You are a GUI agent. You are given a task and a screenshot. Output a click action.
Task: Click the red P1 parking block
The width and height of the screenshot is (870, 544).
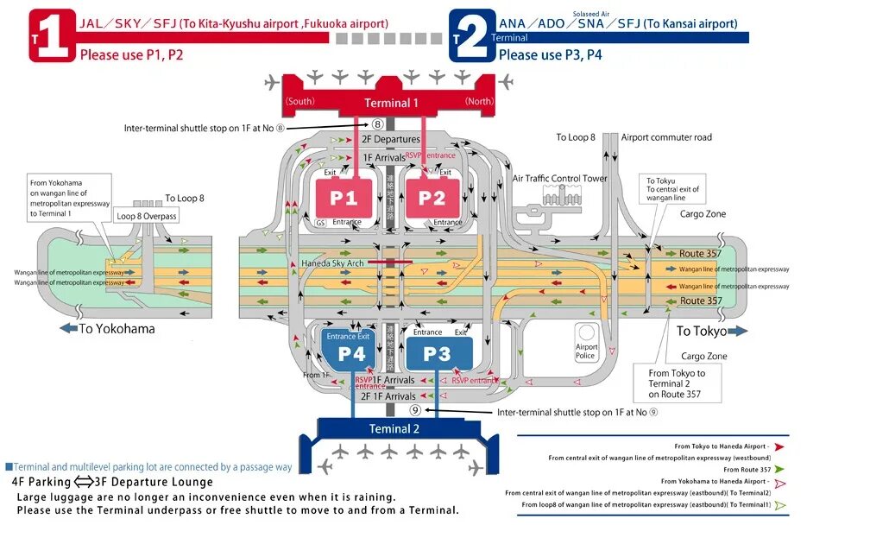click(x=343, y=199)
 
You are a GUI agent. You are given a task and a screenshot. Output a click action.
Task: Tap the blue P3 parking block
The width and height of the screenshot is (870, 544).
click(x=437, y=353)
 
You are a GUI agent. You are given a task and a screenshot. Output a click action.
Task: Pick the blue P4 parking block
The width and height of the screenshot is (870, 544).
click(x=351, y=354)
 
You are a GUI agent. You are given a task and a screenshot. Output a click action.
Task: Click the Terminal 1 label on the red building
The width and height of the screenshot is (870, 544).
click(x=391, y=103)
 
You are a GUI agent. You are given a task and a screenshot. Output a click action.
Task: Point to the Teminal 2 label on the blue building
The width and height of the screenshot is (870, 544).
click(x=394, y=428)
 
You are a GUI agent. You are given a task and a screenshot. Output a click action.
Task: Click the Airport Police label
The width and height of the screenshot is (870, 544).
click(x=587, y=351)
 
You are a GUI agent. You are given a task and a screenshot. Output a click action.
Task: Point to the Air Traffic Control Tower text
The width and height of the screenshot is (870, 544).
click(x=559, y=179)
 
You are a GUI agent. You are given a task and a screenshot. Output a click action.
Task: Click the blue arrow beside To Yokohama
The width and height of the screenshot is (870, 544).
click(x=68, y=328)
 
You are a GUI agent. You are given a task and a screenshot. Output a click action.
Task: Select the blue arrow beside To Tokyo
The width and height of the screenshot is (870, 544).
click(x=738, y=331)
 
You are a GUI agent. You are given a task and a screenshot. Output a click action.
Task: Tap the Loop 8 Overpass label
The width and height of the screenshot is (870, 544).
click(x=147, y=217)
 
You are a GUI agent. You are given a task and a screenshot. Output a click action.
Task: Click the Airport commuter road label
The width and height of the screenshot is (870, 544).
click(x=666, y=137)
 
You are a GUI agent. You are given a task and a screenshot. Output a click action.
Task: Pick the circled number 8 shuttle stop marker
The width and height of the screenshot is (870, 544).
click(x=377, y=124)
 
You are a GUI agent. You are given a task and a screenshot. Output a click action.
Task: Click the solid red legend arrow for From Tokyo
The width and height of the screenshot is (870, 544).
click(x=779, y=447)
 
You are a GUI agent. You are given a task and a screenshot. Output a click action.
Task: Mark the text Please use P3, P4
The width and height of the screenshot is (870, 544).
click(x=551, y=54)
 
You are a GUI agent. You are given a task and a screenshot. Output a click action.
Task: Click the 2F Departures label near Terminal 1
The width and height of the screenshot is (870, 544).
click(x=390, y=139)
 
